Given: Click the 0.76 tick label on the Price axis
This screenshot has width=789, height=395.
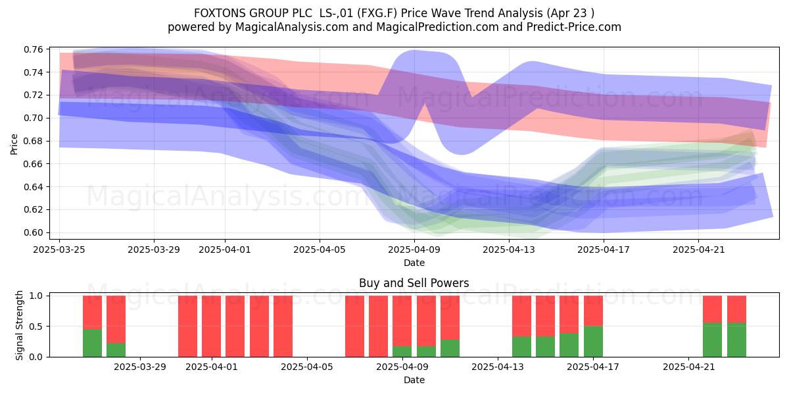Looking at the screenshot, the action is coord(33,49).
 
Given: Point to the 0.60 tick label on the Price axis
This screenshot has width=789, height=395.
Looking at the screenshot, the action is coord(33,233).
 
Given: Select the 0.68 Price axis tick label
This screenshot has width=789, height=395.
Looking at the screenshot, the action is coord(33,141).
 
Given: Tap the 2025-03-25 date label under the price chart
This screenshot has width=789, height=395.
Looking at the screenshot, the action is coord(59,250).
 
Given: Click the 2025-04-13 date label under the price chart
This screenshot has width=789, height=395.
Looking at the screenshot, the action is coord(509,250).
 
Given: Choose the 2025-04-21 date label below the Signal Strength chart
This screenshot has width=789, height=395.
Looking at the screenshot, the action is coord(689,367).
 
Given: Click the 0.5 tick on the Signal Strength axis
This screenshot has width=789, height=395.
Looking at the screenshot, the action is coord(36,327).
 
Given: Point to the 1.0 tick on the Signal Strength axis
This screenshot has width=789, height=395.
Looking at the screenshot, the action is coord(36,296).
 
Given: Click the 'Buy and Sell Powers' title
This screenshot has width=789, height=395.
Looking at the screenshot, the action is coord(414,283).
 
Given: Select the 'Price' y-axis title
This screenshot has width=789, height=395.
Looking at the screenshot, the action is coord(14,144).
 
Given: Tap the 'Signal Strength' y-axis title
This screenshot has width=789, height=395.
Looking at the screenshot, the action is coord(19,325).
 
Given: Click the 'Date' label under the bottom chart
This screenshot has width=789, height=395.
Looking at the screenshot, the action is coord(414,380).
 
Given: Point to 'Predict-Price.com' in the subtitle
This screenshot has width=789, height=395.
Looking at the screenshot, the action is coord(574,27).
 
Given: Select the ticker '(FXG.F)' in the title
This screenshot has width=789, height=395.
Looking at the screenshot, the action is coord(377,13).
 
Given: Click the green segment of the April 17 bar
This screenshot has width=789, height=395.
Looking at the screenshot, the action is coord(593,342).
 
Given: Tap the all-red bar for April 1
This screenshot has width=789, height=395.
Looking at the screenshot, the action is coord(211,327).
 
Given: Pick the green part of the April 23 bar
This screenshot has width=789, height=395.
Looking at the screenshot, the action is coord(736,340).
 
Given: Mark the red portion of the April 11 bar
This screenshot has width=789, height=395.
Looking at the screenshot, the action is coord(450,317).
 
